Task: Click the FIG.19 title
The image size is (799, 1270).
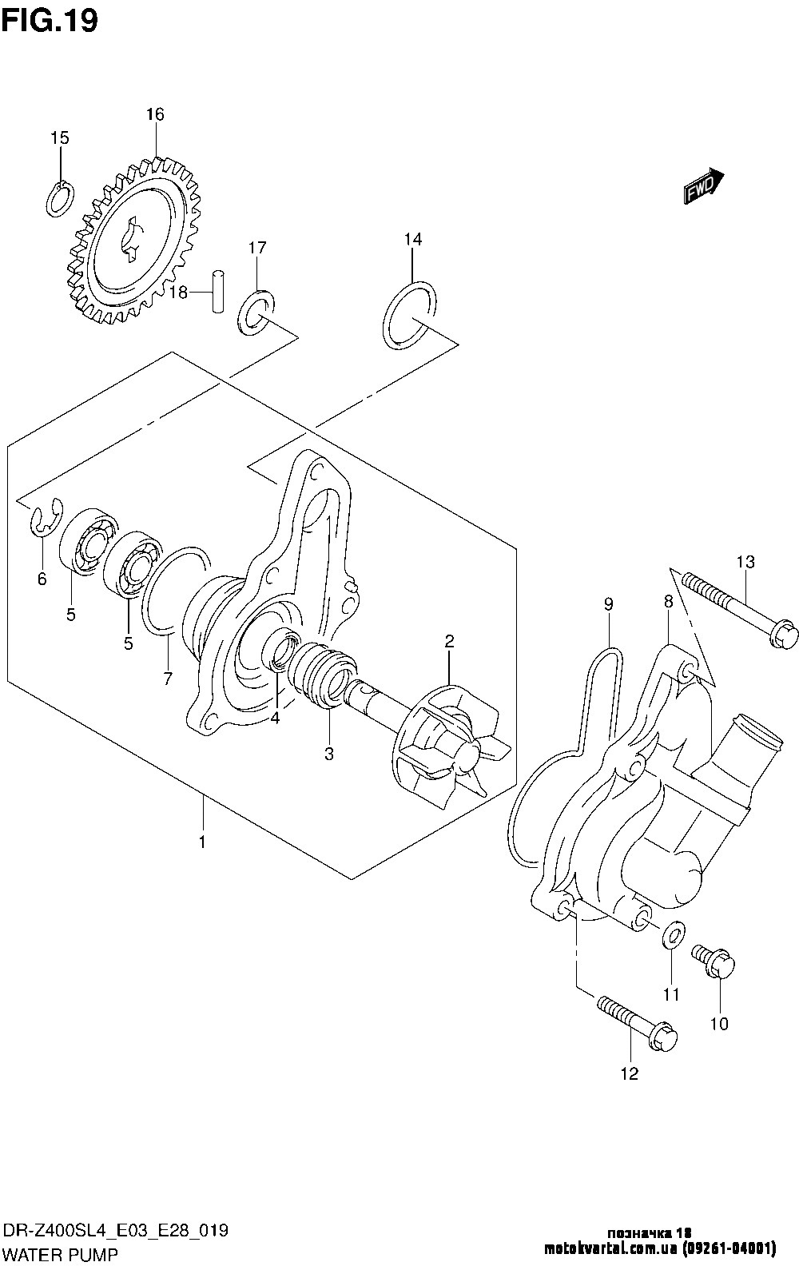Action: point(50,21)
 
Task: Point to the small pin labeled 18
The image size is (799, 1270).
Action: point(217,292)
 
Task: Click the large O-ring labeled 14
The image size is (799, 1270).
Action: point(410,315)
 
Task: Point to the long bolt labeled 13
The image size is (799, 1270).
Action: point(740,615)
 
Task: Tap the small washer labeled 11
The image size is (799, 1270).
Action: point(674,936)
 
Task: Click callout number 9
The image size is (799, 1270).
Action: point(608,604)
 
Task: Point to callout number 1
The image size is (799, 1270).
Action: point(202,858)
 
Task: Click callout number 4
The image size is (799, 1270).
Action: point(275,719)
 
